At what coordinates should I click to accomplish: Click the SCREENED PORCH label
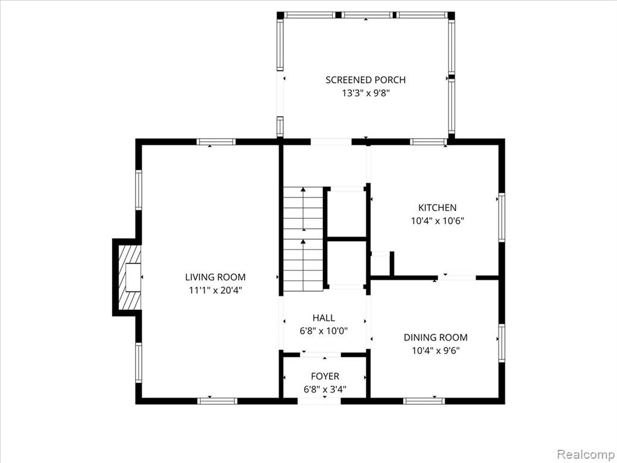pos(365,80)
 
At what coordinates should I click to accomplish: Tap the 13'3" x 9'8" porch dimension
pos(365,93)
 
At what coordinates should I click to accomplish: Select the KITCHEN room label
pos(437,207)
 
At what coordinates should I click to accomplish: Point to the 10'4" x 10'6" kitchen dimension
pos(437,221)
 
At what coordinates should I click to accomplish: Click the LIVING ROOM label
pos(215,277)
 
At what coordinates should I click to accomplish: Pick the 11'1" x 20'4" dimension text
pos(215,290)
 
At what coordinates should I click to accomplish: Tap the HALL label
pos(324,318)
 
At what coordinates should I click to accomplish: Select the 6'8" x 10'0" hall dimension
pos(324,331)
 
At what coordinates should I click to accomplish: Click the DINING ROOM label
pos(435,338)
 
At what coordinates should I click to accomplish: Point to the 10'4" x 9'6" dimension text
pos(435,350)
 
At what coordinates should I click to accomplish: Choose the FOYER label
pos(325,376)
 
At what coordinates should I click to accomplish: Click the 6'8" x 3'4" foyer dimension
pos(325,389)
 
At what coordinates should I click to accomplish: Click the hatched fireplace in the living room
pos(128,277)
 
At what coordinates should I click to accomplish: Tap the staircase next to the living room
pos(303,239)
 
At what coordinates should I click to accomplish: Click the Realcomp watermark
pos(584,452)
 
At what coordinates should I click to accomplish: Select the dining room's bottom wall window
pos(424,400)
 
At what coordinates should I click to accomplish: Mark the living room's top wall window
pos(216,142)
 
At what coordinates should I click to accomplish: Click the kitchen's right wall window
pos(501,218)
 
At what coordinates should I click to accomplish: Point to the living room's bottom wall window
pos(218,400)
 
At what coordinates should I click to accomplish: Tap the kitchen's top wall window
pos(428,142)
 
